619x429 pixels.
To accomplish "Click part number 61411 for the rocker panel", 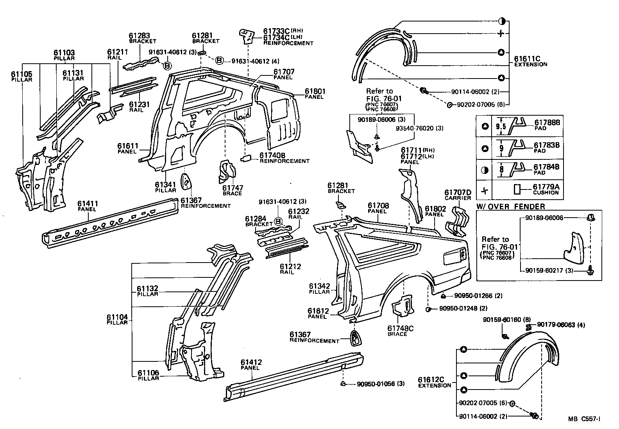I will coord(87,204).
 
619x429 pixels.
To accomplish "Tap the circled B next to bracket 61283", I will coord(167,66).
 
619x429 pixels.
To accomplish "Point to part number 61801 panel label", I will coord(315,91).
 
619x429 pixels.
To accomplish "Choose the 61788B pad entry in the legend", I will coord(547,122).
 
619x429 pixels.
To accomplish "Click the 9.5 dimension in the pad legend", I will coord(501,126).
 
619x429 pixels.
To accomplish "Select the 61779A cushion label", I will coord(546,187).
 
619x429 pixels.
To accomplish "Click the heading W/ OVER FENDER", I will coord(510,206).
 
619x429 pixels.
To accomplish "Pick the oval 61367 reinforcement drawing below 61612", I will coord(355,337).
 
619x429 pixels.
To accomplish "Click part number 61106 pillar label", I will coord(148,373).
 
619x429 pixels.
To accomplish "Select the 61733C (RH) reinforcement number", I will coord(276,31).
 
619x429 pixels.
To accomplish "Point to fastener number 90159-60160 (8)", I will coord(501,320).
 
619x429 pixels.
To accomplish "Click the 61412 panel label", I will coord(251,362).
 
